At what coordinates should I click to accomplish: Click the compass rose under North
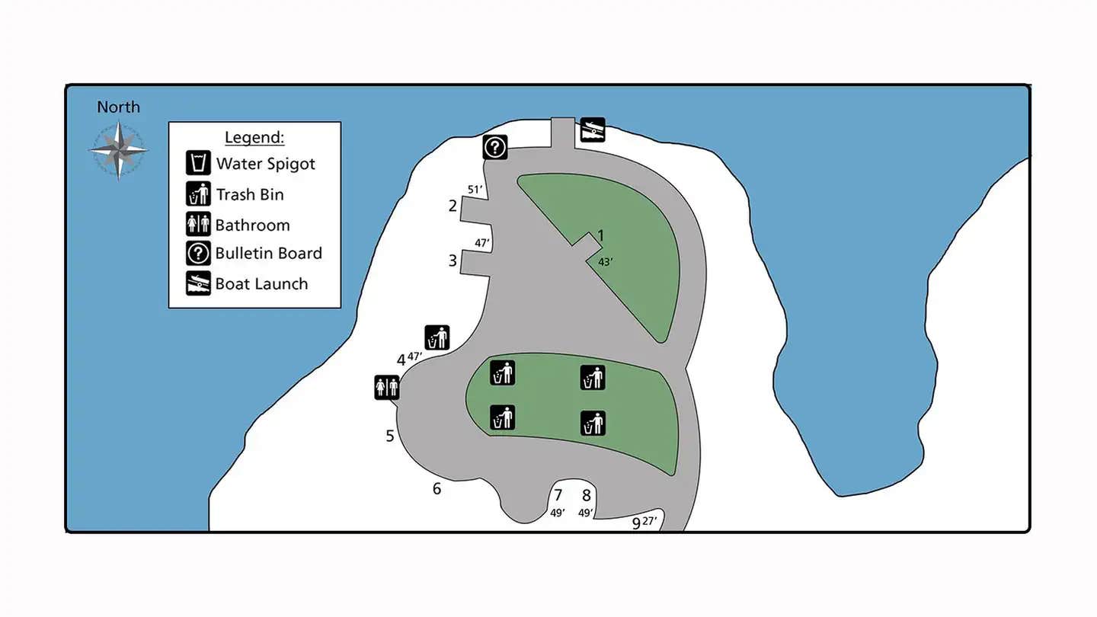[x=118, y=150]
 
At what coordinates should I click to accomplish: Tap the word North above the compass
[x=118, y=107]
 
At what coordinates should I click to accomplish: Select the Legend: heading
[x=254, y=138]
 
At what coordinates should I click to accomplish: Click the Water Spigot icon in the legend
[x=198, y=163]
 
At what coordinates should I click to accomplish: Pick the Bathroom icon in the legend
[x=198, y=225]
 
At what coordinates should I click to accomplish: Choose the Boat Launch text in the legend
[x=261, y=284]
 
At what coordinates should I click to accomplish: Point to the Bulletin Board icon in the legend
[x=198, y=254]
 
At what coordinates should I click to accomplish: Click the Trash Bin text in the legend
[x=250, y=194]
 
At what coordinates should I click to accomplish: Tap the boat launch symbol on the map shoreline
[x=592, y=129]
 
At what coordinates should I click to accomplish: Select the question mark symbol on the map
[x=494, y=146]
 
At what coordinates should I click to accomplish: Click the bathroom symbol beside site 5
[x=387, y=387]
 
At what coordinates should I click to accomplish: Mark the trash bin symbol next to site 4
[x=437, y=337]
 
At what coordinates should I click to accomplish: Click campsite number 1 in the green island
[x=600, y=236]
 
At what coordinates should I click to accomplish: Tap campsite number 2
[x=453, y=206]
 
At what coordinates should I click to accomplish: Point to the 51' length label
[x=475, y=189]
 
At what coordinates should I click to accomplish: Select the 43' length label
[x=606, y=261]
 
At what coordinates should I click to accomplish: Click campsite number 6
[x=437, y=489]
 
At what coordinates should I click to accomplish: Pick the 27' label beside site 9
[x=649, y=521]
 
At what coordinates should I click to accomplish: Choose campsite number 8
[x=586, y=495]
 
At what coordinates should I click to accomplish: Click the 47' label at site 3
[x=481, y=243]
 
